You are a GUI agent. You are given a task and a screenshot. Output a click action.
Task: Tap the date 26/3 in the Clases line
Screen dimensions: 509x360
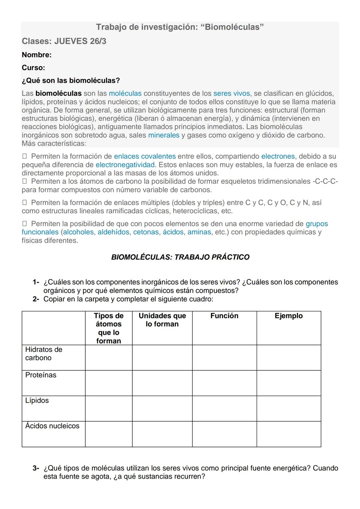click(98, 41)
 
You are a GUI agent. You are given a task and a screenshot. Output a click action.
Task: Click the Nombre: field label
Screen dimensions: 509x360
click(37, 55)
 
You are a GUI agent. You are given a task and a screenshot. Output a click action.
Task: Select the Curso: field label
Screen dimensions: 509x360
click(33, 68)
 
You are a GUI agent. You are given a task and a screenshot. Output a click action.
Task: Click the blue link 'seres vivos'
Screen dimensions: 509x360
click(231, 93)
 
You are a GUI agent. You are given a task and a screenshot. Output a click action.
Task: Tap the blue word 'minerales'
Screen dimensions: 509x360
click(164, 135)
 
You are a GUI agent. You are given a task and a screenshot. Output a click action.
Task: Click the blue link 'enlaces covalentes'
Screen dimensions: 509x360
click(145, 156)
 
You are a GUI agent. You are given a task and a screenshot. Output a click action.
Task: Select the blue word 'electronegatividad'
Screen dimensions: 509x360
click(125, 165)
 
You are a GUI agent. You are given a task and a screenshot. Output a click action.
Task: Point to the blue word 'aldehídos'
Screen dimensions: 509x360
click(113, 232)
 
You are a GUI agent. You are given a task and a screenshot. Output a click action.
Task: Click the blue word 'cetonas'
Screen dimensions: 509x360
click(146, 232)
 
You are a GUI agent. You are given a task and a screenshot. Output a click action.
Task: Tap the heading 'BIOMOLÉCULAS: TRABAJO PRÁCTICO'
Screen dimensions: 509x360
click(180, 257)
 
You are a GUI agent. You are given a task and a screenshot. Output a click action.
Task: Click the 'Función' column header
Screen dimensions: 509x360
click(224, 316)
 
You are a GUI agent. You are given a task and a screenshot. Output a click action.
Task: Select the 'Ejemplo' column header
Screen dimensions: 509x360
click(289, 316)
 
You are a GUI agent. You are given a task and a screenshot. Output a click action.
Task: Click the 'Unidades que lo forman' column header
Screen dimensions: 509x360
click(162, 320)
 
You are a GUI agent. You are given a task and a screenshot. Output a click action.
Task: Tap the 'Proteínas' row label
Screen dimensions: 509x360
click(41, 375)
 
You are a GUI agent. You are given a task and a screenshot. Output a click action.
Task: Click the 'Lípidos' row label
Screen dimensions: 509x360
click(37, 400)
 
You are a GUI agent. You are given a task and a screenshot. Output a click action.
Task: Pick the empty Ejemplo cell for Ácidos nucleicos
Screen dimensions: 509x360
click(289, 434)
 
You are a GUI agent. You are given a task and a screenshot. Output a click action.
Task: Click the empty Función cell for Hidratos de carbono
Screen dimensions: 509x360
click(224, 357)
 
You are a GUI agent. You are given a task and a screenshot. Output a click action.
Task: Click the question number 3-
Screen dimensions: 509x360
click(36, 468)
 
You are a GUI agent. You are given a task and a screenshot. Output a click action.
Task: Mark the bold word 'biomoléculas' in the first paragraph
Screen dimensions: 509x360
click(58, 93)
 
